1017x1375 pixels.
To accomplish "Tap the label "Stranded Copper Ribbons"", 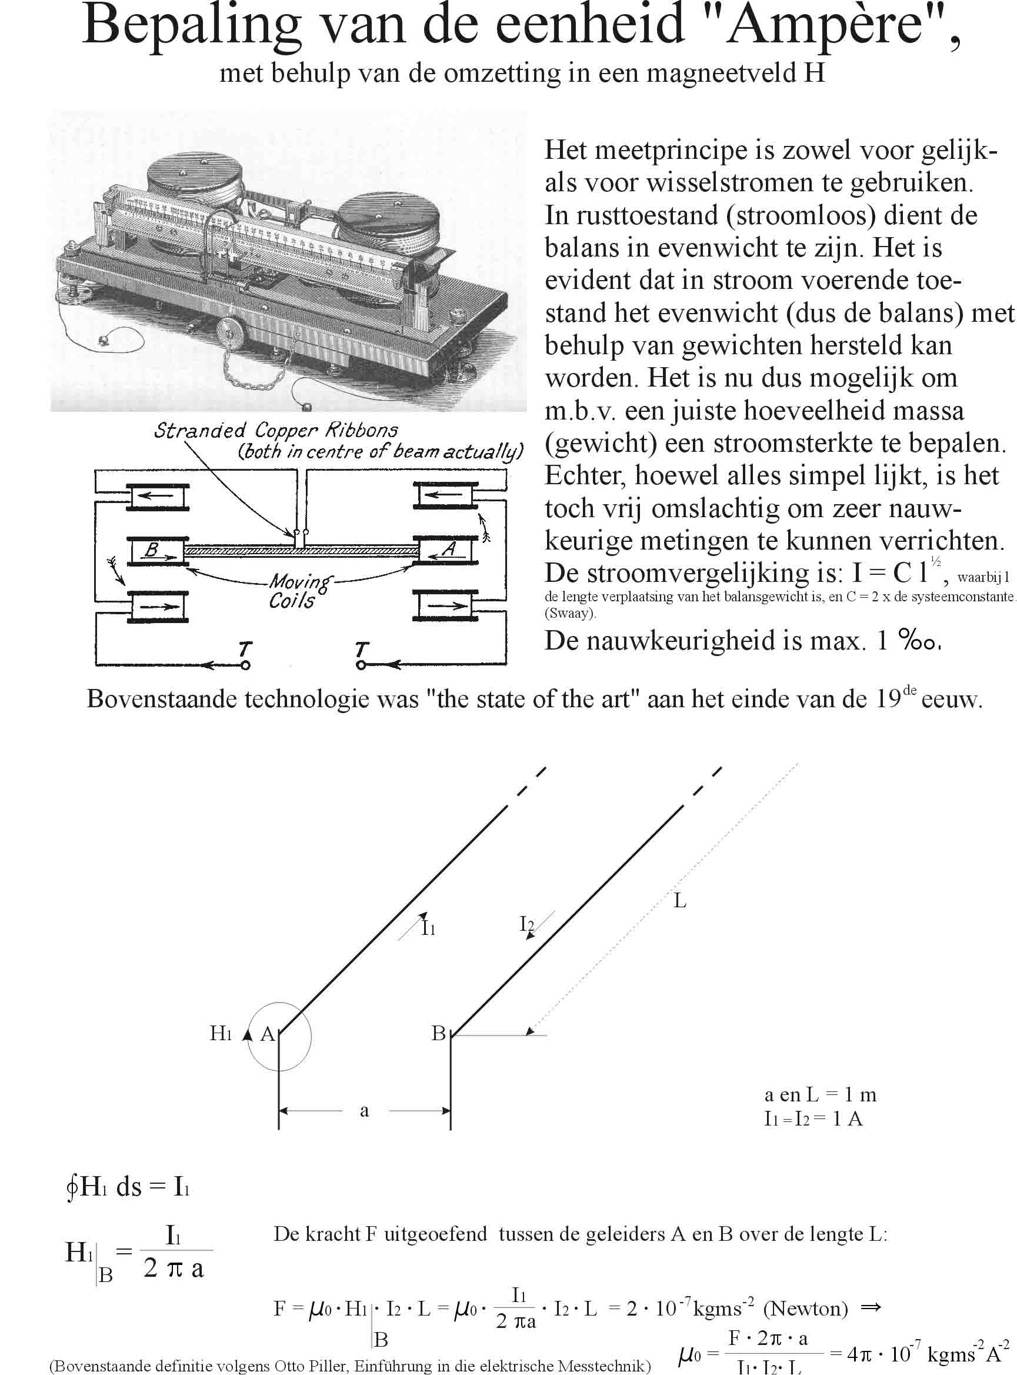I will (x=275, y=430).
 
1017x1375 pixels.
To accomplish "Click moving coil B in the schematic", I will (x=157, y=550).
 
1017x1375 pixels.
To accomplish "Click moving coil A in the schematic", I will (x=445, y=550).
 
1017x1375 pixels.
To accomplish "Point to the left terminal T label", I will (x=245, y=648).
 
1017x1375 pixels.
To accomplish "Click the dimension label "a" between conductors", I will (x=365, y=1110).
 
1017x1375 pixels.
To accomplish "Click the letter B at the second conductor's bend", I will (x=438, y=1033).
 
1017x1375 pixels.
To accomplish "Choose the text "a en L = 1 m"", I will (x=820, y=1094).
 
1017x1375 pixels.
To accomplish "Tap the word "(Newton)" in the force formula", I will (x=805, y=1309).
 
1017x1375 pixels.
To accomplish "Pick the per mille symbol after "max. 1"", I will (x=920, y=641).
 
